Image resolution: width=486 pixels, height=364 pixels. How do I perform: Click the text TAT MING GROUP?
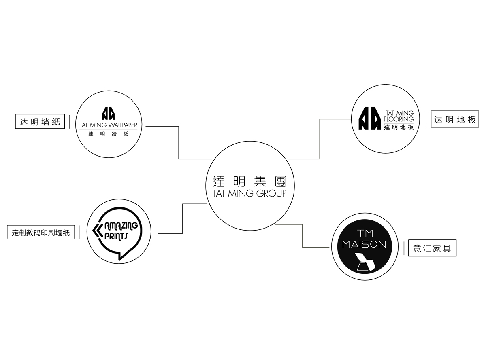pyautogui.click(x=250, y=193)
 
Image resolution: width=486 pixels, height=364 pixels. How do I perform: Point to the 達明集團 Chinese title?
pyautogui.click(x=250, y=181)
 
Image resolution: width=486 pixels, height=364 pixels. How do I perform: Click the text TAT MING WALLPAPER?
pyautogui.click(x=109, y=125)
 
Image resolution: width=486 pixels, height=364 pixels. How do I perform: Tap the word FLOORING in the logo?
pyautogui.click(x=399, y=119)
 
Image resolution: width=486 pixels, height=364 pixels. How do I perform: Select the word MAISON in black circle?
pyautogui.click(x=364, y=244)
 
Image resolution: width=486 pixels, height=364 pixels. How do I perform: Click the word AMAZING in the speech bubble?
pyautogui.click(x=121, y=226)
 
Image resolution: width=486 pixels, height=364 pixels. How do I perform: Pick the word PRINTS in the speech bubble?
pyautogui.click(x=116, y=236)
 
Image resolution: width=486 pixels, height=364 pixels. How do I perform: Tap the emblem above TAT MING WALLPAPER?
pyautogui.click(x=108, y=113)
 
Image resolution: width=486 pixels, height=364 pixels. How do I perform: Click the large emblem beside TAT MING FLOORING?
pyautogui.click(x=370, y=118)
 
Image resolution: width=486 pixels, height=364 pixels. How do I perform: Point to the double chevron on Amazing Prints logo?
pyautogui.click(x=98, y=231)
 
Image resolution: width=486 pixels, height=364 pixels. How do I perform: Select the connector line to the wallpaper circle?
pyautogui.click(x=179, y=142)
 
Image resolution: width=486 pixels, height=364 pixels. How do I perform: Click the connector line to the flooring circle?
pyautogui.click(x=320, y=139)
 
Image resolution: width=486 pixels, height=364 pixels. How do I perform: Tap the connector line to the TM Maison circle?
pyautogui.click(x=302, y=236)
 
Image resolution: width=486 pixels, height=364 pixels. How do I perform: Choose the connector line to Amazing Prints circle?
pyautogui.click(x=182, y=218)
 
